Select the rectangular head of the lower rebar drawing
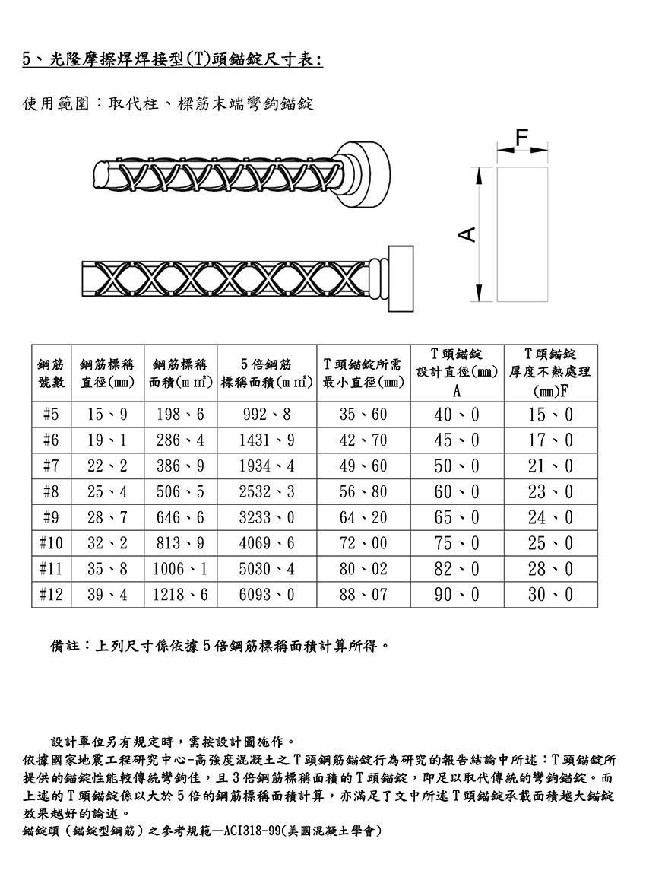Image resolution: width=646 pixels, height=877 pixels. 401,278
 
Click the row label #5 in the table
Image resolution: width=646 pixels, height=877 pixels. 51,415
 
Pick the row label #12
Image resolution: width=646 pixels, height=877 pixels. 51,594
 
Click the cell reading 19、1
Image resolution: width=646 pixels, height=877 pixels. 107,440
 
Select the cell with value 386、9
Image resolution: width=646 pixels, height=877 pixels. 180,466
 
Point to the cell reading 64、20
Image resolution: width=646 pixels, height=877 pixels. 363,518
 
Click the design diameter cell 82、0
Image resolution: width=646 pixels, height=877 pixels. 457,569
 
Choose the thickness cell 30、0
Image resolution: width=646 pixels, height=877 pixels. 551,594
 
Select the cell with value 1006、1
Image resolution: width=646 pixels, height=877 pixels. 180,569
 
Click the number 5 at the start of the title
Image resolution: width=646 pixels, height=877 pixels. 27,59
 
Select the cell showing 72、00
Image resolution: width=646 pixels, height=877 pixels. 363,543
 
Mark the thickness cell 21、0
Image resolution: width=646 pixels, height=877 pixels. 551,466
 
